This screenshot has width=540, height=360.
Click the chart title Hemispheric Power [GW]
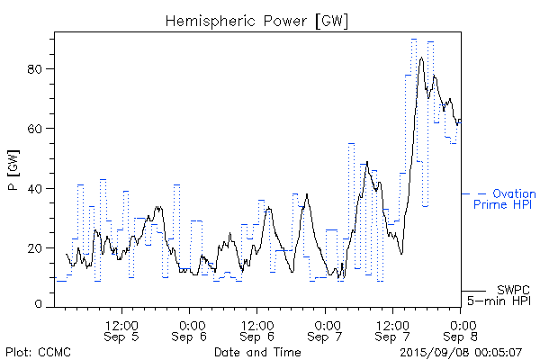tap(256, 20)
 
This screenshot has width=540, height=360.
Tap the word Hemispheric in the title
tap(208, 20)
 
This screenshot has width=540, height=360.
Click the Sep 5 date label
tap(122, 337)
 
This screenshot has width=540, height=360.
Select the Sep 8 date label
tap(462, 337)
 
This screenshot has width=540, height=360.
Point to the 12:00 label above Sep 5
tap(122, 323)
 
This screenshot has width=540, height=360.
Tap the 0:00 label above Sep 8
tap(462, 323)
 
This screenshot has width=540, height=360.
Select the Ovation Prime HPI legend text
tap(505, 199)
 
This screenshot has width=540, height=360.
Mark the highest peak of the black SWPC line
tap(421, 58)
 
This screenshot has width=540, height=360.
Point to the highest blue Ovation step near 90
tap(414, 39)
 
